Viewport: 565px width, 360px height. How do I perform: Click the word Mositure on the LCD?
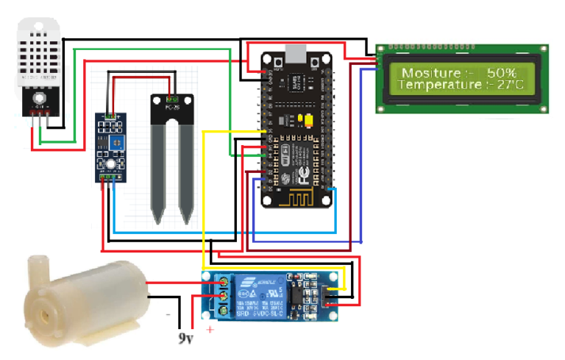(x=427, y=73)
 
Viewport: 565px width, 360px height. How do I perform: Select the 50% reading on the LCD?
(x=501, y=73)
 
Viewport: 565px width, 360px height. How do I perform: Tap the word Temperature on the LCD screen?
(x=438, y=85)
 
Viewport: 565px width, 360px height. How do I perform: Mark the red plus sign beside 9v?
(x=210, y=330)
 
